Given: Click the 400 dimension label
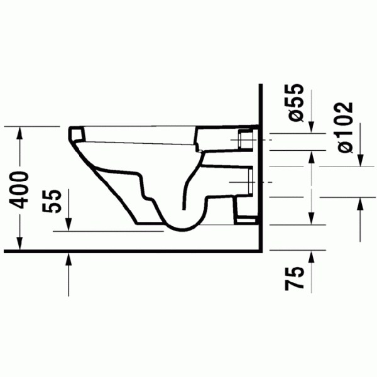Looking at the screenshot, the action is (19, 190).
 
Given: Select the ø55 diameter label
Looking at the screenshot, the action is (293, 102).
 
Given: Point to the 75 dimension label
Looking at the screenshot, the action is (294, 278).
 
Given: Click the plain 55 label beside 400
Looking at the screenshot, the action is (52, 201).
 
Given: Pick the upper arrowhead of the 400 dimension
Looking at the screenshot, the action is (19, 132).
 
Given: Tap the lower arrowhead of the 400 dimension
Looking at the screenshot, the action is (19, 244).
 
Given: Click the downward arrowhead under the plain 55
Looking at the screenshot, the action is (68, 224).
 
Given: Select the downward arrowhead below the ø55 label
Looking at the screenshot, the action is (312, 127).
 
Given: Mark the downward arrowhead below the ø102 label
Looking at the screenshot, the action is (360, 160).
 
